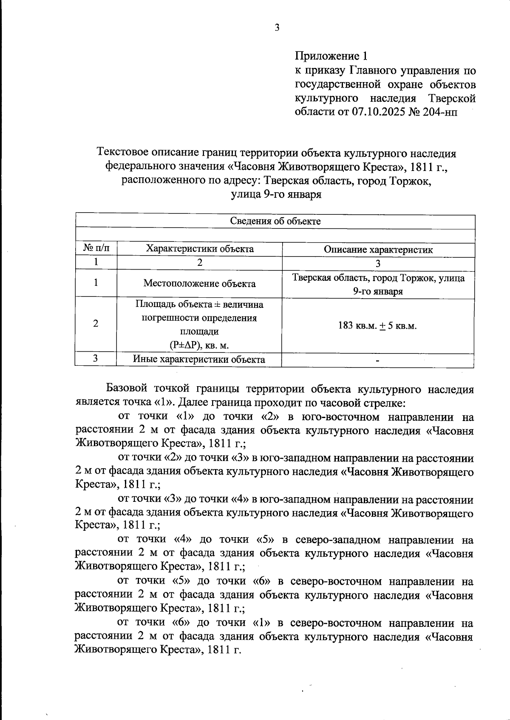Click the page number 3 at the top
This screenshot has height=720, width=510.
point(277,28)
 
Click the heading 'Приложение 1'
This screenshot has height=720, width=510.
point(331,56)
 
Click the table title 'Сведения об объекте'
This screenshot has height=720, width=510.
point(275,221)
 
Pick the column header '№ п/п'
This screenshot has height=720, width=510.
point(96,249)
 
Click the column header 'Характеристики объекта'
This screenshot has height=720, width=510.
point(199,249)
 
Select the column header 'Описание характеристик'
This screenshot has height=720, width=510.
point(378,250)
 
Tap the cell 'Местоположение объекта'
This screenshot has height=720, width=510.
point(199,283)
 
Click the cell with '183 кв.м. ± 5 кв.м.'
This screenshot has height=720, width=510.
point(378,326)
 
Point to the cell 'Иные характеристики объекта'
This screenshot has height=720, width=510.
point(199,359)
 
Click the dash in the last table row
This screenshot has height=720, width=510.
point(377,361)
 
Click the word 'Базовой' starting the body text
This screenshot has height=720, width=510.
point(126,389)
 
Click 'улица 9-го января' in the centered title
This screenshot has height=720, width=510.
point(276,195)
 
